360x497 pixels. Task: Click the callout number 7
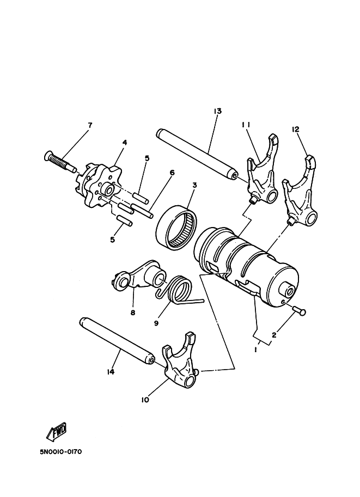click(x=89, y=125)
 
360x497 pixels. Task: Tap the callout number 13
click(x=217, y=111)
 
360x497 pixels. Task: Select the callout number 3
click(x=194, y=185)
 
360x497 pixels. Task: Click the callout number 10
click(x=145, y=400)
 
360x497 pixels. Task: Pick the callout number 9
click(x=156, y=323)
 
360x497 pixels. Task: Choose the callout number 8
click(x=132, y=312)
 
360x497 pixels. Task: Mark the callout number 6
click(x=172, y=173)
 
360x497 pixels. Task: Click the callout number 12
click(x=296, y=129)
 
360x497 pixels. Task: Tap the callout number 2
click(x=273, y=336)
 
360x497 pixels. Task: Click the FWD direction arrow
click(x=56, y=433)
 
